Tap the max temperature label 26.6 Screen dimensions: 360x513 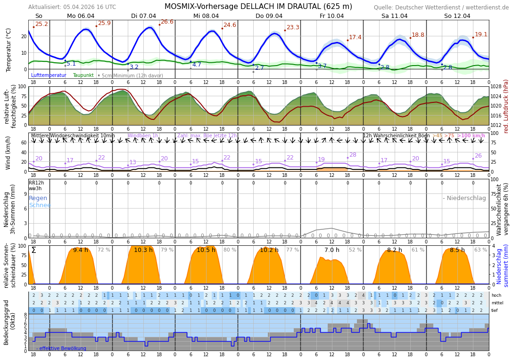[x=167, y=22]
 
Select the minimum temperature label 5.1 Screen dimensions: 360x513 [x=71, y=64]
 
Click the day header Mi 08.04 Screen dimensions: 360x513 [x=206, y=16]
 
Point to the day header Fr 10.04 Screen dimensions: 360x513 [x=331, y=16]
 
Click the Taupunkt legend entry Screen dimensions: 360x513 [x=83, y=75]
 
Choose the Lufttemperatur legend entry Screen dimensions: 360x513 [x=49, y=75]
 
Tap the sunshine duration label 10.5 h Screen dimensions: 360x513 [x=206, y=250]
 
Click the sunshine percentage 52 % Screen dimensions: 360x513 [x=355, y=250]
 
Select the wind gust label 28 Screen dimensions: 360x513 [x=353, y=155]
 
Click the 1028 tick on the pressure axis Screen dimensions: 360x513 [x=496, y=87]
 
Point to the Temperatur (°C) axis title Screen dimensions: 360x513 [x=8, y=50]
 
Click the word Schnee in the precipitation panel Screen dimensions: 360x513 [x=40, y=205]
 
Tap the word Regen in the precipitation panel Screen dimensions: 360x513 [x=38, y=198]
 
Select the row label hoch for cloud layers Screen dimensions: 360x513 [x=496, y=295]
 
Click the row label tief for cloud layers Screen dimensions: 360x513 [x=495, y=310]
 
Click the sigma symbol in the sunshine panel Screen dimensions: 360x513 [x=33, y=250]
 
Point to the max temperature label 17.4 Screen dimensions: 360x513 [x=355, y=37]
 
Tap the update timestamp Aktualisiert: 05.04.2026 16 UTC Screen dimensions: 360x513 [x=72, y=7]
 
